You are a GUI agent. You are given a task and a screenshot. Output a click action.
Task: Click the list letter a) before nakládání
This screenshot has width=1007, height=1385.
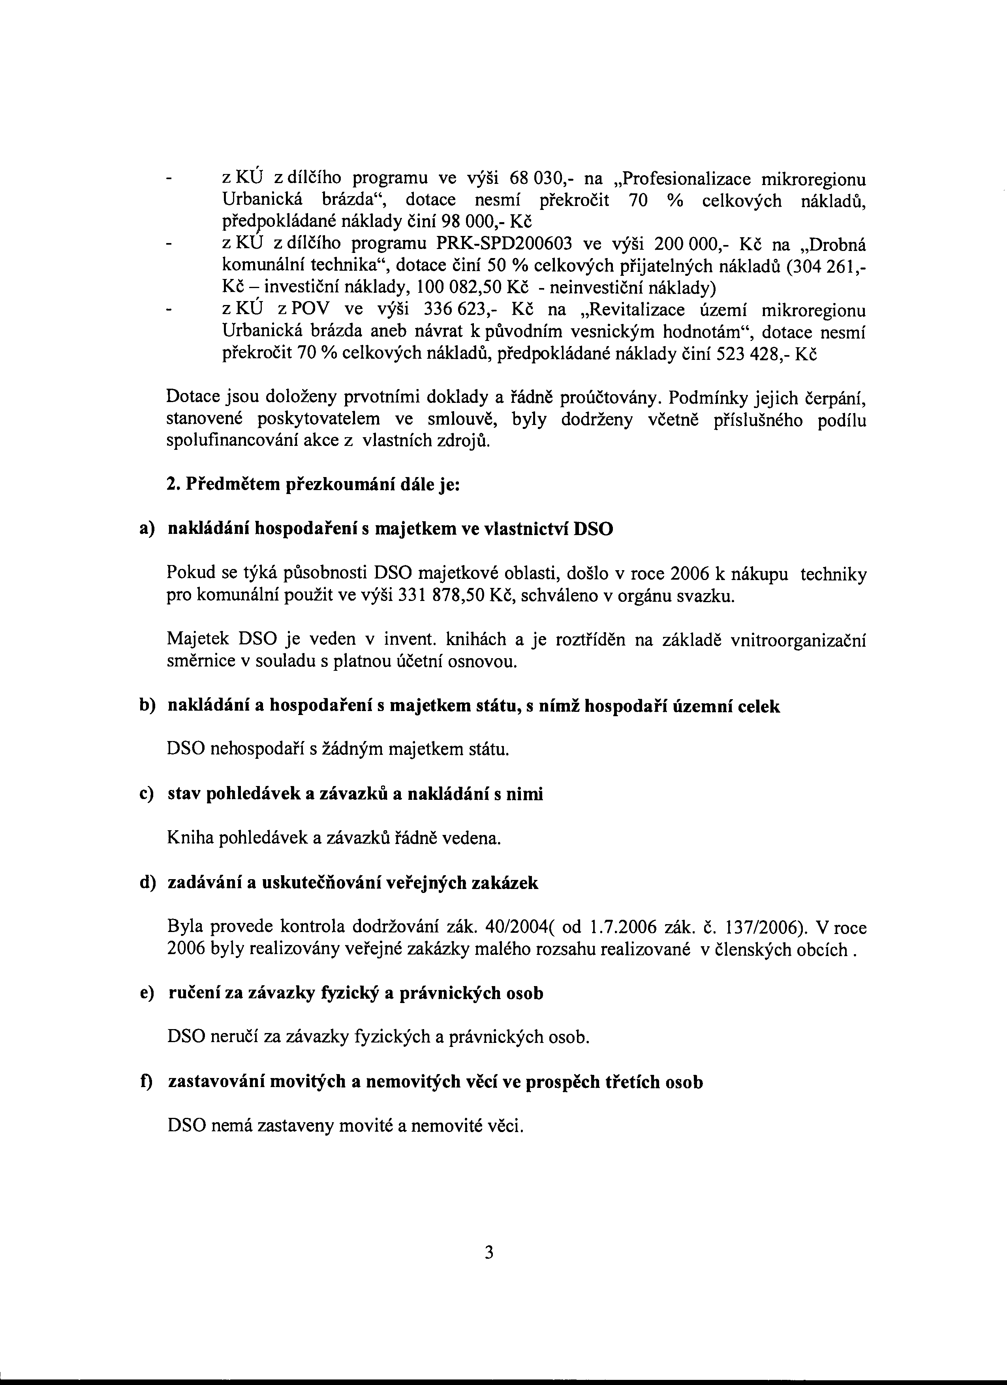147,529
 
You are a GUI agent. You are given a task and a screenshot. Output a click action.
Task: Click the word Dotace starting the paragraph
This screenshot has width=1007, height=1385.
190,398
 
